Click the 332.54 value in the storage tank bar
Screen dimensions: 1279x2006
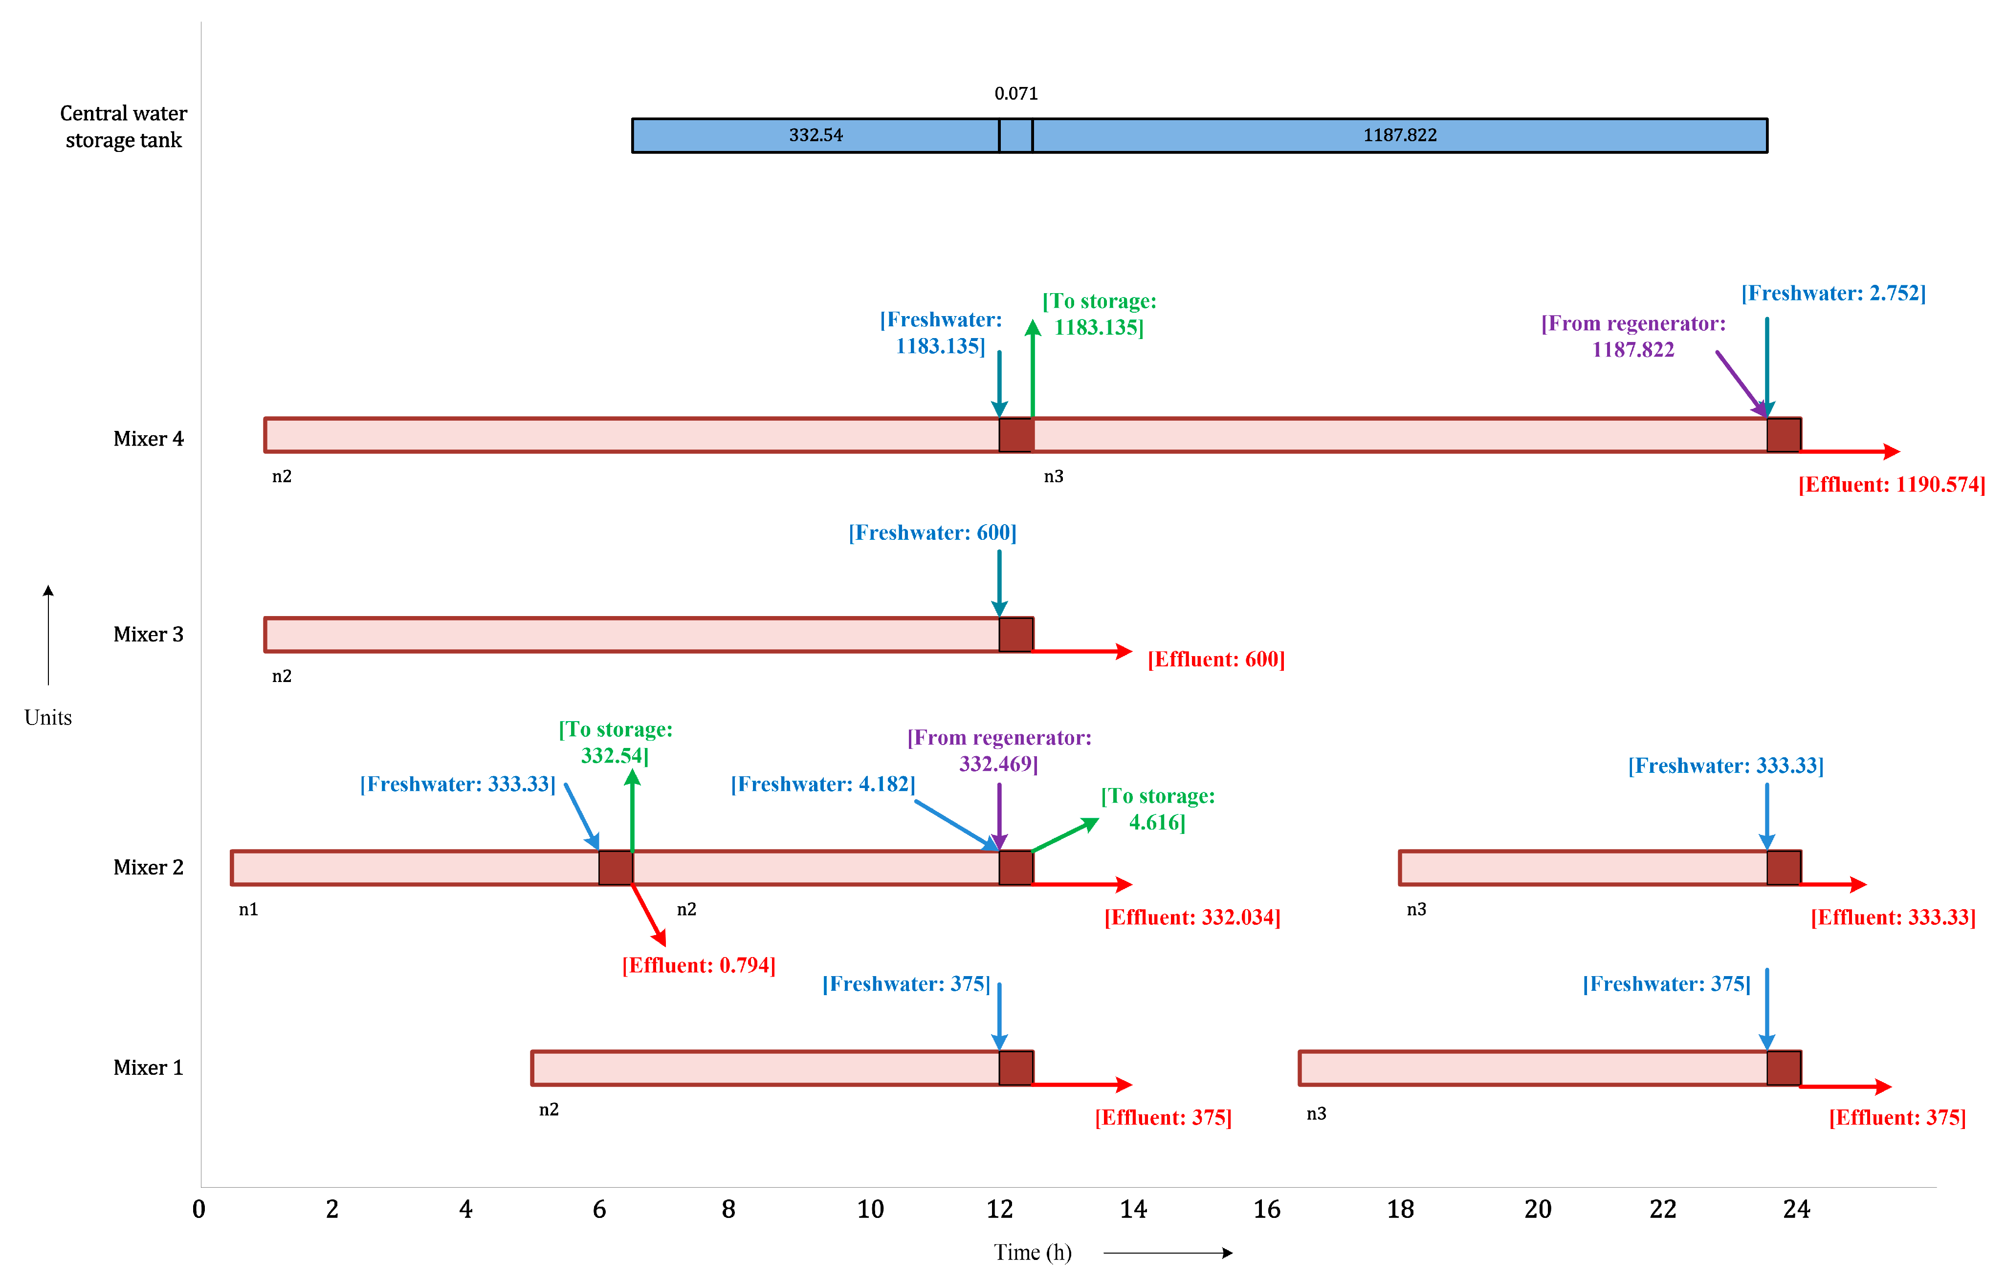tap(816, 135)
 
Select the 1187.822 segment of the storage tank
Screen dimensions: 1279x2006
tap(1400, 135)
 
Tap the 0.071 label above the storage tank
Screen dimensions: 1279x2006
tap(1015, 93)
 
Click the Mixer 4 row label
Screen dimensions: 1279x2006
tap(148, 439)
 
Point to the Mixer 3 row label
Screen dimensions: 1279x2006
tap(148, 635)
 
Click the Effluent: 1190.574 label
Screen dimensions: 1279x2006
tap(1891, 485)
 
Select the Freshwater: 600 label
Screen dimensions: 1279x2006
tap(932, 533)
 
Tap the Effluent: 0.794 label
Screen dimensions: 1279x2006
tap(698, 965)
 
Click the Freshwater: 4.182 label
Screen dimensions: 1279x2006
tap(822, 785)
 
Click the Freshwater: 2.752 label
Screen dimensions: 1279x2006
tap(1833, 293)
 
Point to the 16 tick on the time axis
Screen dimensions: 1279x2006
tap(1266, 1209)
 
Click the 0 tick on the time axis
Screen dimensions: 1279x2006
tap(199, 1209)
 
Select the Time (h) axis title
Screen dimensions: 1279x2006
tap(1032, 1252)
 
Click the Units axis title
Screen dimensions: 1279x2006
tap(48, 718)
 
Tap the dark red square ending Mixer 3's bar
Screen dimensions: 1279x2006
tap(1015, 635)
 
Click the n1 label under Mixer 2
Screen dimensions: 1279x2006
tap(248, 909)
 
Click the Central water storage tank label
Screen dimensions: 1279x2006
tap(123, 127)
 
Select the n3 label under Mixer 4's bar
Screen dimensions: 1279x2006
tap(1053, 476)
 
